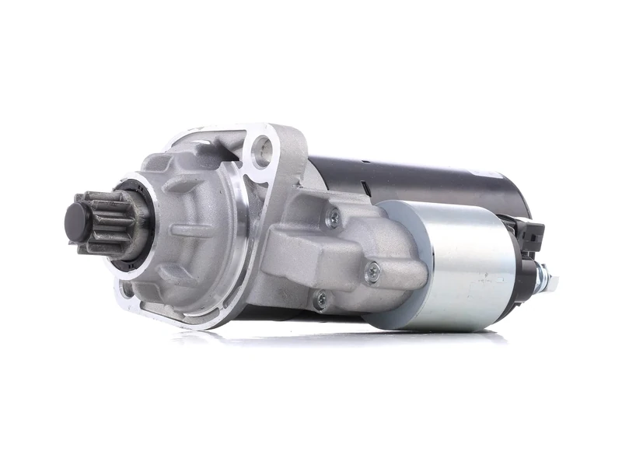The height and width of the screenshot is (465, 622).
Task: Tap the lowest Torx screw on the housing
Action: (x=320, y=299)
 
